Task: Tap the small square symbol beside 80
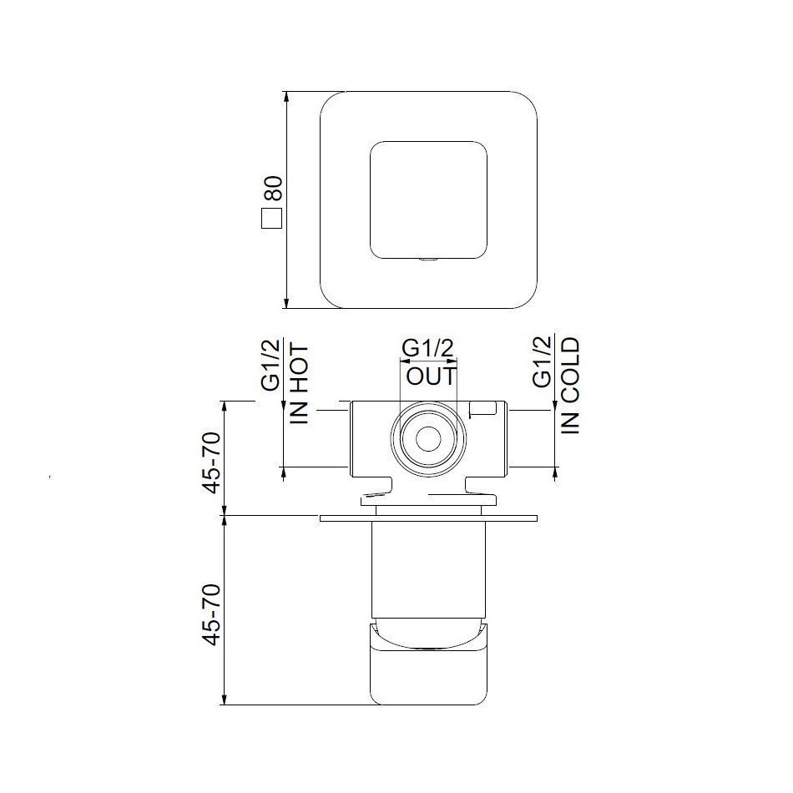click(271, 219)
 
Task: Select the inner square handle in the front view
click(427, 200)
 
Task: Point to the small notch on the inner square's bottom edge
click(427, 260)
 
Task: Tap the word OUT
click(431, 376)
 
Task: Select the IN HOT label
click(301, 384)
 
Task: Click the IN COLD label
click(570, 386)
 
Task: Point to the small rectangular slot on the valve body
click(483, 408)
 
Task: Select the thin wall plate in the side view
click(427, 518)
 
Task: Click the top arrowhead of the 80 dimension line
click(286, 97)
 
